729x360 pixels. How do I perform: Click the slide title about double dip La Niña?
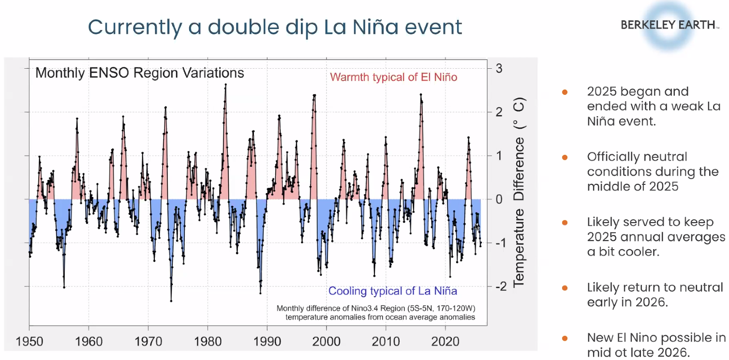(275, 27)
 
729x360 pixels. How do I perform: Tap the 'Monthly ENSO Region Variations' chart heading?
(140, 73)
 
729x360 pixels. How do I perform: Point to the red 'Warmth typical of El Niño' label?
(393, 77)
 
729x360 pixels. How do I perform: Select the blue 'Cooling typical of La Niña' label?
(392, 291)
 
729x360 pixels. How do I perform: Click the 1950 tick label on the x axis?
(30, 342)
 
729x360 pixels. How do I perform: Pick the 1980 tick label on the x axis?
(208, 342)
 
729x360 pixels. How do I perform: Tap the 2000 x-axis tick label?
(327, 342)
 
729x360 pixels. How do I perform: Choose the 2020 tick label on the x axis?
(446, 342)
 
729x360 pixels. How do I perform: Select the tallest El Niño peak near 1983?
(225, 85)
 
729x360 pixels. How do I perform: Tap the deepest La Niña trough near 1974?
(171, 300)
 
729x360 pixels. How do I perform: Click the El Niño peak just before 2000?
(314, 96)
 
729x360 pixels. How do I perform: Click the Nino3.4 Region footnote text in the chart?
(375, 313)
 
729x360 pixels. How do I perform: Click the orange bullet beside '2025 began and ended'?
(565, 92)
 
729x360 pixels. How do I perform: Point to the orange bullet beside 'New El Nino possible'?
(565, 338)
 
